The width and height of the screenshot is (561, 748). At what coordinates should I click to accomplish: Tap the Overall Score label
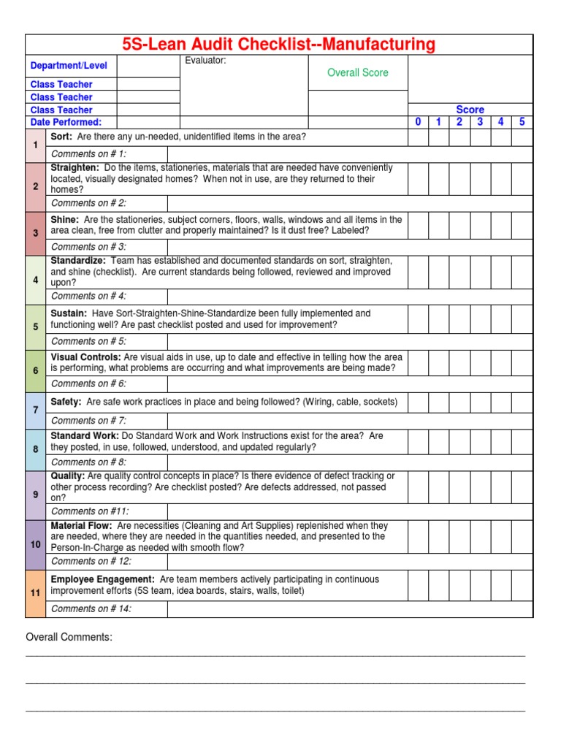click(x=358, y=72)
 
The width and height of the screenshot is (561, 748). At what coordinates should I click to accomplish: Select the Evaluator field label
click(x=205, y=61)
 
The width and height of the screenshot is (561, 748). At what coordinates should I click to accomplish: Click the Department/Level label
click(x=69, y=66)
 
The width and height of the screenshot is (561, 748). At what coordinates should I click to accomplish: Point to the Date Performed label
click(x=66, y=122)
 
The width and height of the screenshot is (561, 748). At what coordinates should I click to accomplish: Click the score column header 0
click(x=418, y=122)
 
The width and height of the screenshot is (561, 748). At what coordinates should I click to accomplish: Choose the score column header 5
click(x=522, y=122)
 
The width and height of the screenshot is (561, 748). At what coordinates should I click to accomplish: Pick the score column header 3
click(x=480, y=122)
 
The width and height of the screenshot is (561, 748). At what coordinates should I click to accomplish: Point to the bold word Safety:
click(x=66, y=402)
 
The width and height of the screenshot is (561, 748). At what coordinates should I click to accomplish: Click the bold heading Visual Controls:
click(x=85, y=357)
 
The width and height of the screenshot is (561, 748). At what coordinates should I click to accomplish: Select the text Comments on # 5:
click(x=88, y=341)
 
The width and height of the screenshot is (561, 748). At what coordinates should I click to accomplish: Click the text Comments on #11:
click(x=89, y=511)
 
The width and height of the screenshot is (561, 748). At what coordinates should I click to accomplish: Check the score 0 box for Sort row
click(x=418, y=137)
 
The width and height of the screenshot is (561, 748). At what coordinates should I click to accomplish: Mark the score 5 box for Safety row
click(x=522, y=402)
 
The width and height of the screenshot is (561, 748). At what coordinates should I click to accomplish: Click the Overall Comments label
click(x=69, y=638)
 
